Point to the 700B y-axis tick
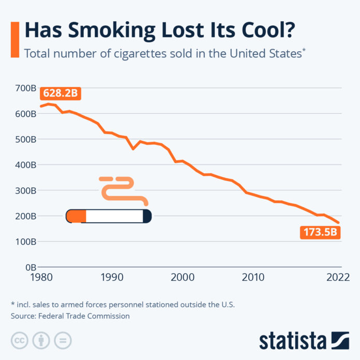click(x=25, y=88)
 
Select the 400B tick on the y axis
click(x=25, y=165)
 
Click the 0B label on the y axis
click(x=29, y=267)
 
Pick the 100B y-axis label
click(x=25, y=242)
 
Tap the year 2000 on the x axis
click(x=182, y=278)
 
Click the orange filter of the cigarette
click(x=78, y=216)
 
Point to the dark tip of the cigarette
click(x=147, y=216)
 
